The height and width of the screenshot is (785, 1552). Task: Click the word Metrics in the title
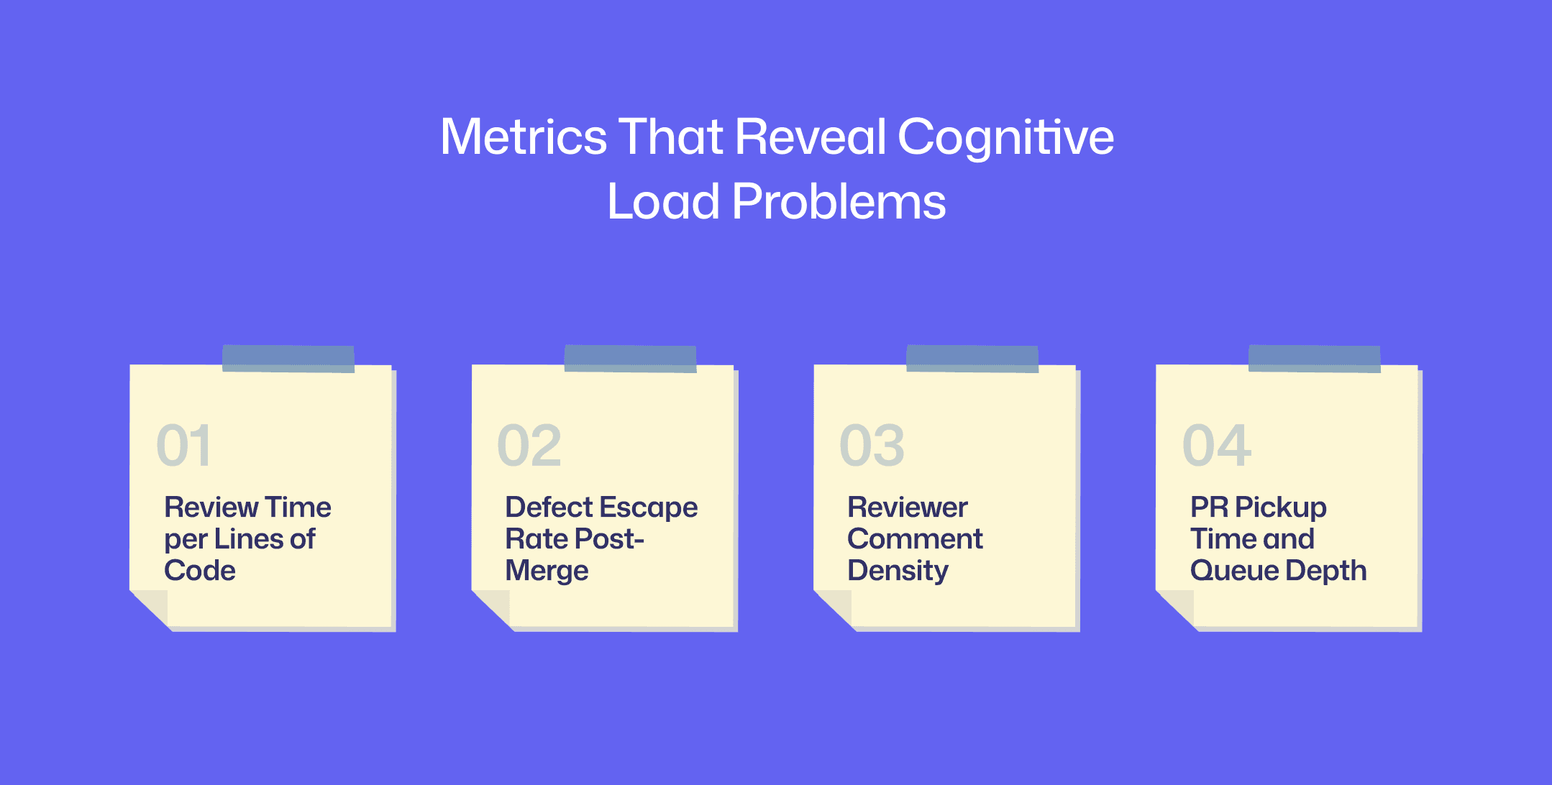(x=524, y=137)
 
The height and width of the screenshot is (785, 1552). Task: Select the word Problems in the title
(x=839, y=201)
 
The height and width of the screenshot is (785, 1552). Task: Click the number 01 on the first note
(x=184, y=446)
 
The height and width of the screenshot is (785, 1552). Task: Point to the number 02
(x=529, y=446)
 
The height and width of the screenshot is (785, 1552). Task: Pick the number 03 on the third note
(x=872, y=446)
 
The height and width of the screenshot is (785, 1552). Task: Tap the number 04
(x=1217, y=446)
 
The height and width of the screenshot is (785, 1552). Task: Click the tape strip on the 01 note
(x=288, y=358)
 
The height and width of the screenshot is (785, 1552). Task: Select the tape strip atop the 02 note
(x=630, y=358)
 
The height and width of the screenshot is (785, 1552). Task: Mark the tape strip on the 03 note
(x=972, y=358)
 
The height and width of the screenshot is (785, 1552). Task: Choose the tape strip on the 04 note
(x=1314, y=358)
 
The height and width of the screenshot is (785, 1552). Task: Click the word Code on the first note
(x=200, y=571)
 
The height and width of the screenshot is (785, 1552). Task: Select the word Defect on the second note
(x=548, y=508)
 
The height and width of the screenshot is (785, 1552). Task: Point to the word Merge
(x=547, y=571)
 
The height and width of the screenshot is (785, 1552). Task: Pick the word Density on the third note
(x=898, y=571)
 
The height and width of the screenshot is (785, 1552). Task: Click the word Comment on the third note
(x=915, y=539)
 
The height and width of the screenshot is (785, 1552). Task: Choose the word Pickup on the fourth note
(x=1280, y=508)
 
